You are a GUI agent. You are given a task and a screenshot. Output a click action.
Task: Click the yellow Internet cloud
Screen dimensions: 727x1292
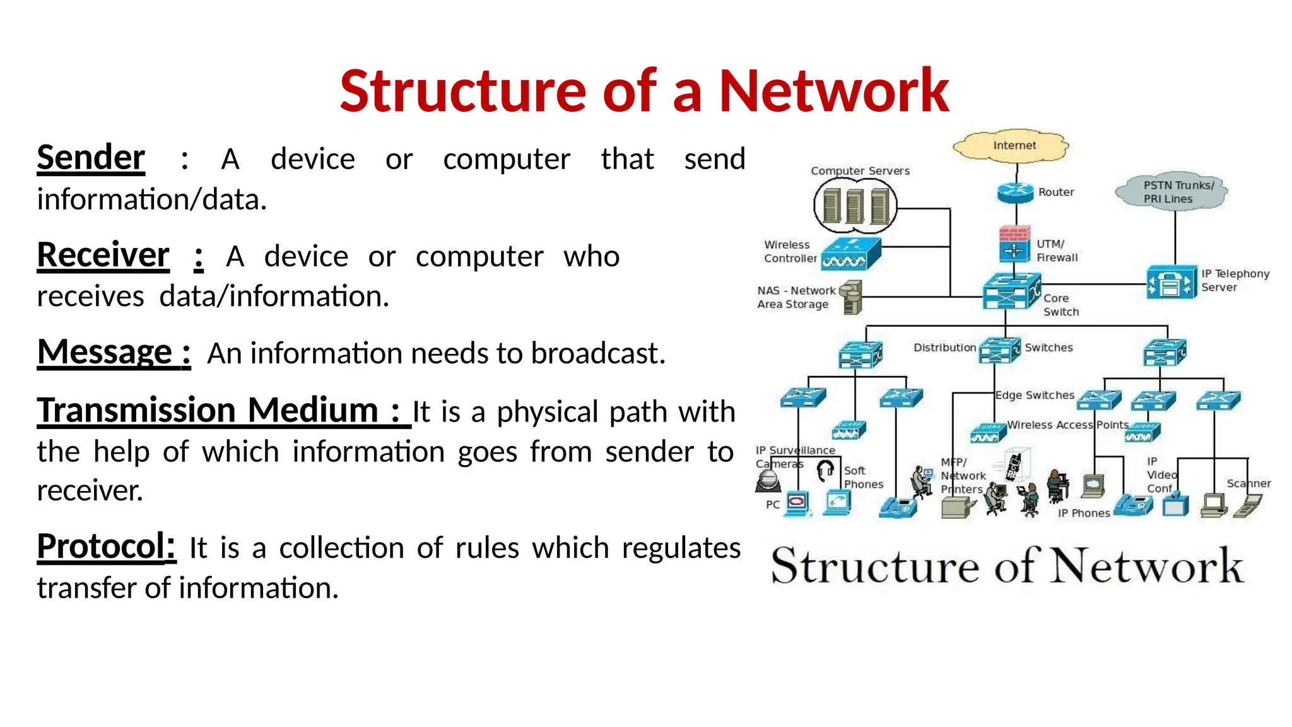(1012, 146)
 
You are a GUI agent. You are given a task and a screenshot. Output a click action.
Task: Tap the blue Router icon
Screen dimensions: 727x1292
(1015, 192)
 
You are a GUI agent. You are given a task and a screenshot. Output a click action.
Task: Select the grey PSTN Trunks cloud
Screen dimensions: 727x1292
(1170, 191)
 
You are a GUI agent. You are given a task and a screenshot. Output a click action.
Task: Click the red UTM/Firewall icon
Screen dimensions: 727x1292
(1014, 244)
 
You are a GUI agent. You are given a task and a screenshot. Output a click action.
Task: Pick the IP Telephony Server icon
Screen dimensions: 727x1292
(1171, 282)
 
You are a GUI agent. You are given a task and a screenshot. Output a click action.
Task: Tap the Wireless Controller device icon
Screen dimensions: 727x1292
(850, 254)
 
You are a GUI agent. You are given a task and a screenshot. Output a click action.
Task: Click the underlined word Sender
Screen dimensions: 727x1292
(91, 158)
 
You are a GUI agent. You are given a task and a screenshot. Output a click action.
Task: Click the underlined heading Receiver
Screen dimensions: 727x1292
(103, 255)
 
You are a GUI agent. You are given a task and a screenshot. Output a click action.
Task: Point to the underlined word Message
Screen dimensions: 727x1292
(105, 352)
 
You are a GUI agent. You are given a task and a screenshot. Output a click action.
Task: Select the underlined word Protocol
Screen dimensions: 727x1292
(105, 547)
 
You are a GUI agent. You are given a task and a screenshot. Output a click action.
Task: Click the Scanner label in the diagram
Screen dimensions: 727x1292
(1248, 483)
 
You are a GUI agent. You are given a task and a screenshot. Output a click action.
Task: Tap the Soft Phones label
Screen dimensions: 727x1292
(862, 478)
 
